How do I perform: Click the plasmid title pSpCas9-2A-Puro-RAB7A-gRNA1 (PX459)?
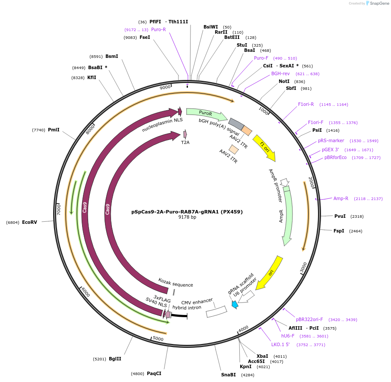(187, 212)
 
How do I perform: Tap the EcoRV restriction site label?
(29, 222)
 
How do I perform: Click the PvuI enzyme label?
(340, 216)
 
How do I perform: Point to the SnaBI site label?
(228, 375)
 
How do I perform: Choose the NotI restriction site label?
(284, 81)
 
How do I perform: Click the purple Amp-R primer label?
(340, 198)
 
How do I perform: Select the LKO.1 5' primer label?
(280, 344)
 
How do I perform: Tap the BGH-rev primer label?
(280, 73)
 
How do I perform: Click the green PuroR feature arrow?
(206, 114)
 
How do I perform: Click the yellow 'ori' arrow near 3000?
(270, 273)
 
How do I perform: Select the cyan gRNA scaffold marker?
(235, 304)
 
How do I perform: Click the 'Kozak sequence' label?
(175, 283)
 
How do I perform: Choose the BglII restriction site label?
(115, 359)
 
